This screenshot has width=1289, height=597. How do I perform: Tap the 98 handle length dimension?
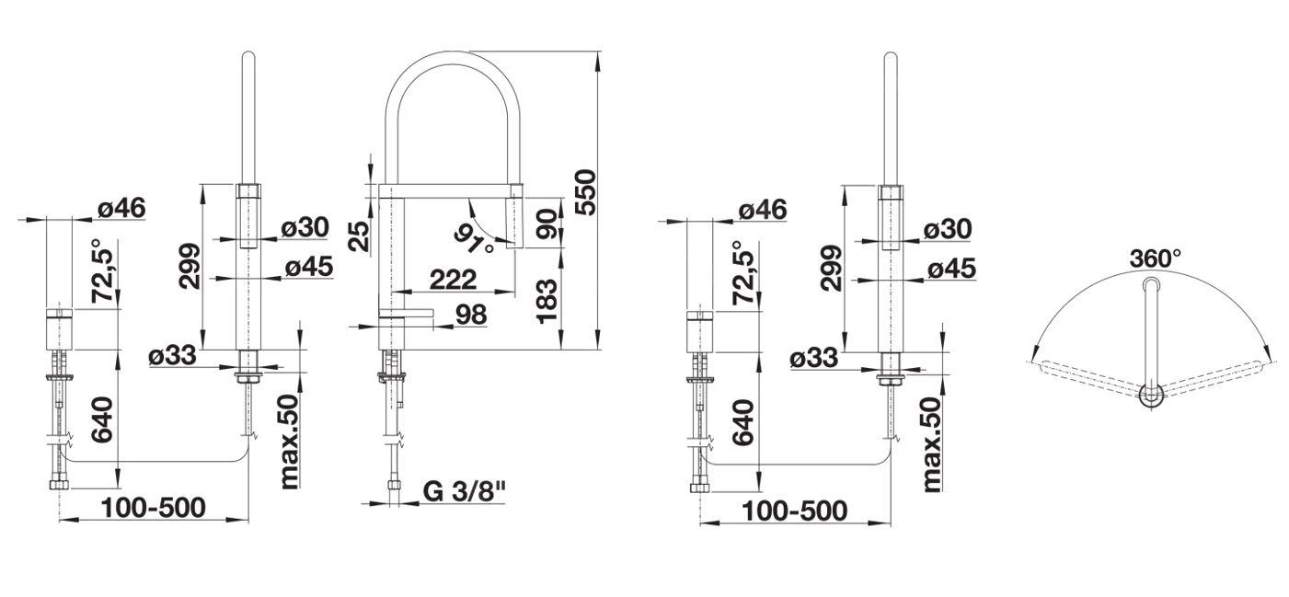(470, 314)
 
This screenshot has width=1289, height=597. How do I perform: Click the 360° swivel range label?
(1156, 259)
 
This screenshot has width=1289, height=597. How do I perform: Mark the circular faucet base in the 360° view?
(1150, 396)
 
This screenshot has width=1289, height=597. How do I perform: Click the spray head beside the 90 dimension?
(512, 217)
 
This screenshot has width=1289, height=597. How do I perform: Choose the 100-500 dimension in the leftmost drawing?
(154, 507)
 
